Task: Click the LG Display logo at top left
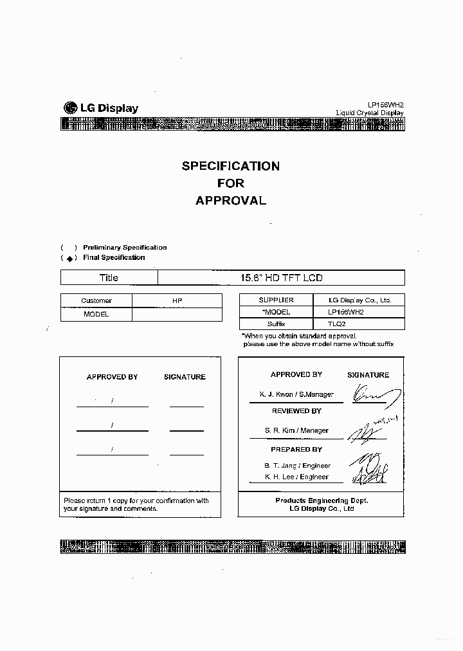point(100,108)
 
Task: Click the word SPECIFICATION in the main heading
point(230,166)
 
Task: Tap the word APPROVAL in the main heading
point(230,200)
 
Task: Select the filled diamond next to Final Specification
point(69,258)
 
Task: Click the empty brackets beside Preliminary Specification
point(69,248)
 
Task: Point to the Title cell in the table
point(109,278)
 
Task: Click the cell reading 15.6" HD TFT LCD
point(281,278)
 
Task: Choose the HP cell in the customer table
point(177,300)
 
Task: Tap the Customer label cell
point(96,300)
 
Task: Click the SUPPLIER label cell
point(276,300)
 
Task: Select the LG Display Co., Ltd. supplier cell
point(359,300)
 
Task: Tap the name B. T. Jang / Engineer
point(297,465)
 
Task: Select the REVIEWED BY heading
point(296,411)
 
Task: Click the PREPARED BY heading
point(296,449)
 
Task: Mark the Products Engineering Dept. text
point(322,500)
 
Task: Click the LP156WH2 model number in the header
point(386,104)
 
